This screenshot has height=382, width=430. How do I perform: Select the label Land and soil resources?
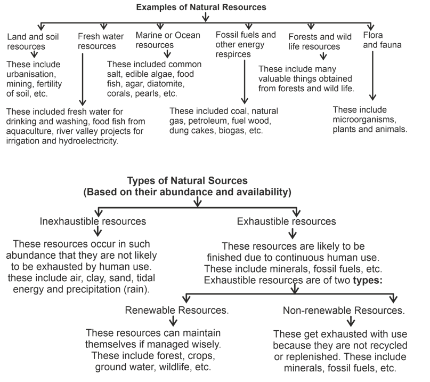click(x=33, y=42)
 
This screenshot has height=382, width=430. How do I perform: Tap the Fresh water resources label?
click(x=101, y=41)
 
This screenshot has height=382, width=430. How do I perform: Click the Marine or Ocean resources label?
click(x=167, y=40)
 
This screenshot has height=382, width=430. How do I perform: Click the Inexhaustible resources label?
click(x=93, y=221)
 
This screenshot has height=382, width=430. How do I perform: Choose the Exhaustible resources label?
click(x=287, y=221)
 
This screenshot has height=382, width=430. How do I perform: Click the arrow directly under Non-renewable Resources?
click(x=351, y=322)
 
